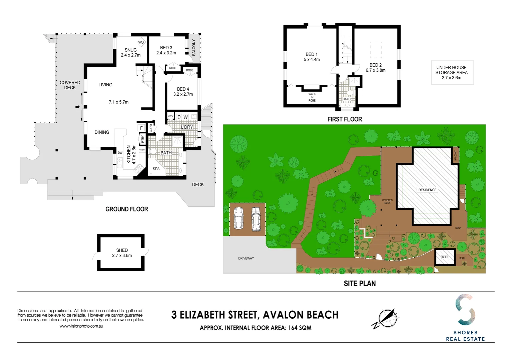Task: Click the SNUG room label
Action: tap(130, 50)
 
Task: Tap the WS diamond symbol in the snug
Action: tap(141, 42)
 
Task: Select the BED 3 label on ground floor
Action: tap(166, 48)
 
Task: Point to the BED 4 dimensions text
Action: tap(183, 94)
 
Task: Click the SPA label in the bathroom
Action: tap(156, 169)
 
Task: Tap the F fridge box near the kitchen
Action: tap(141, 128)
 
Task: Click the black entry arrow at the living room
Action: tap(77, 107)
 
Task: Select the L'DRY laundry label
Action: tap(187, 127)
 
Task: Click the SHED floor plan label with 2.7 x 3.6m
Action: tap(122, 253)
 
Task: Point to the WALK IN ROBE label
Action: tap(312, 97)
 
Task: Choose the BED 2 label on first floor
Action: tap(376, 65)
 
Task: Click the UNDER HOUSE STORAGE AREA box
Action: tap(452, 72)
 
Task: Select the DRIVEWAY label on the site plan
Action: tap(246, 258)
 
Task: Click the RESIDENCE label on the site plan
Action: tap(427, 190)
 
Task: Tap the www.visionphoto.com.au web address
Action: tap(81, 326)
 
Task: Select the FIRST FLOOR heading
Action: tap(345, 119)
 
